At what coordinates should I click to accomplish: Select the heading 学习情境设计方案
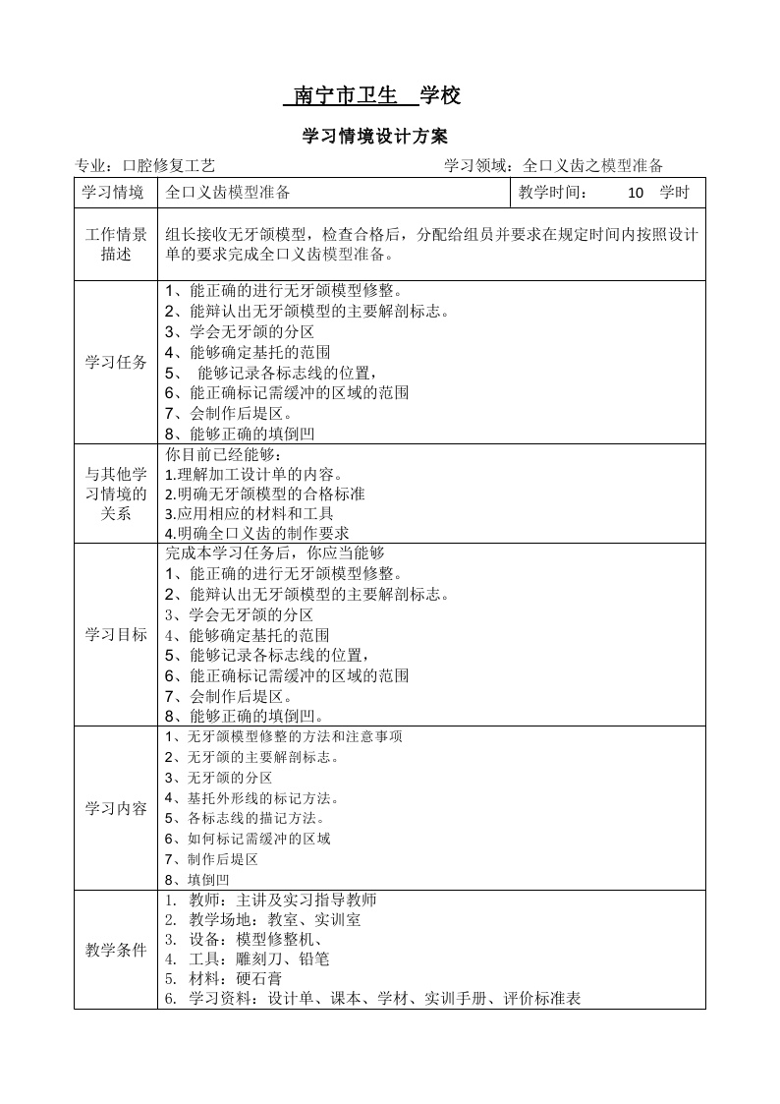[375, 137]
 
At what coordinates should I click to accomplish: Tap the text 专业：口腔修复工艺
[145, 166]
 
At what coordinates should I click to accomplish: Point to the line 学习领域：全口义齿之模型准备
[554, 166]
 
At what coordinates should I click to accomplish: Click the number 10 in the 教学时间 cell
[635, 193]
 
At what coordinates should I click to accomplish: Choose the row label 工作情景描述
[116, 245]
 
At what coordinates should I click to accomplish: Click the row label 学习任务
[116, 363]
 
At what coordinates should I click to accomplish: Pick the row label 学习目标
[116, 635]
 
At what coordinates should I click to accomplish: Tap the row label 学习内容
[116, 809]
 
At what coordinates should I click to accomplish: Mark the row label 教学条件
[116, 950]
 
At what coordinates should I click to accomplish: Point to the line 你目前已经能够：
[224, 455]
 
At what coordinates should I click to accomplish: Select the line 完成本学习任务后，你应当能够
[275, 553]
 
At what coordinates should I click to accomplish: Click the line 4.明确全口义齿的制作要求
[257, 533]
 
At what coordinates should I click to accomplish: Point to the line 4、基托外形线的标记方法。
[253, 797]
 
